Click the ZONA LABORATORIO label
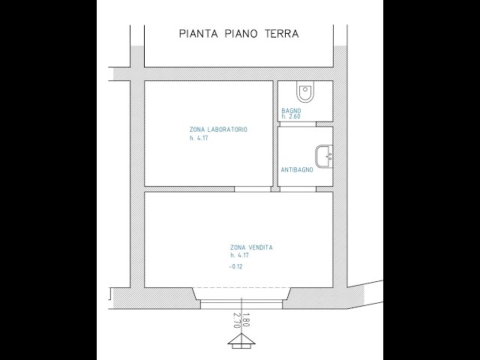tap(218, 130)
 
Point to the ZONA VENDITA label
tap(250, 247)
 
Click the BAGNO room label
tap(291, 111)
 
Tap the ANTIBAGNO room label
tap(297, 170)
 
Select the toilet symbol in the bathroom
tap(304, 92)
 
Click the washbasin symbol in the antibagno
tap(325, 155)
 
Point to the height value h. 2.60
tap(291, 117)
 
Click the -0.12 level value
tap(238, 267)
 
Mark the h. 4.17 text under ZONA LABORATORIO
tap(198, 138)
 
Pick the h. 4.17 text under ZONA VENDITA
tap(239, 256)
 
